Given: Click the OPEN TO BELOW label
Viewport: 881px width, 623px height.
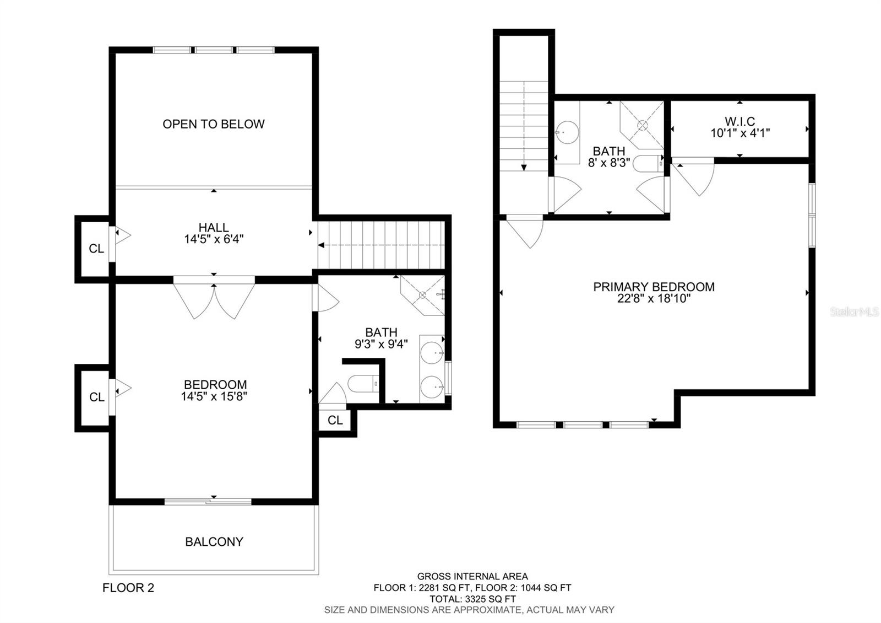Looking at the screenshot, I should (x=214, y=124).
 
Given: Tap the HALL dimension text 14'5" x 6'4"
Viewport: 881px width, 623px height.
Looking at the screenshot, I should (x=214, y=239).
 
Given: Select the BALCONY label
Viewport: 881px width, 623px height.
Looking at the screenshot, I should (x=214, y=542).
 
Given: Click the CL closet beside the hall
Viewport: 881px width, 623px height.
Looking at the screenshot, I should (x=96, y=249).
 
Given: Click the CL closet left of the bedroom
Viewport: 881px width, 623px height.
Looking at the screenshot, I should (x=96, y=397).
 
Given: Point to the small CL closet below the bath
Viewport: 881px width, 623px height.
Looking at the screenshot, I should (x=335, y=420).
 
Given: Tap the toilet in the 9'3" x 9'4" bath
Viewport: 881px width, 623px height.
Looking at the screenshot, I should (x=363, y=383).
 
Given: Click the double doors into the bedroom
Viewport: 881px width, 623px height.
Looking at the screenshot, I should (x=214, y=300).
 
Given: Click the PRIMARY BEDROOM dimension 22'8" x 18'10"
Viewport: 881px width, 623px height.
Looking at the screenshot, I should (x=654, y=299).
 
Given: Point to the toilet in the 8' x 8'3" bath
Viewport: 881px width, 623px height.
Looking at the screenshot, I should (x=648, y=163).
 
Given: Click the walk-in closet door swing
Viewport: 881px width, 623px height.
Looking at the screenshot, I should (x=695, y=176).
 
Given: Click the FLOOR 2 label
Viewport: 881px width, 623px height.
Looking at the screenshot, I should (x=128, y=588).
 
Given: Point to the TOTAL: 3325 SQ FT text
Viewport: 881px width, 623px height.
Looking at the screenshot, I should (x=472, y=599).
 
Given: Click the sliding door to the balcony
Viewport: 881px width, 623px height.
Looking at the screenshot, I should (x=208, y=501).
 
